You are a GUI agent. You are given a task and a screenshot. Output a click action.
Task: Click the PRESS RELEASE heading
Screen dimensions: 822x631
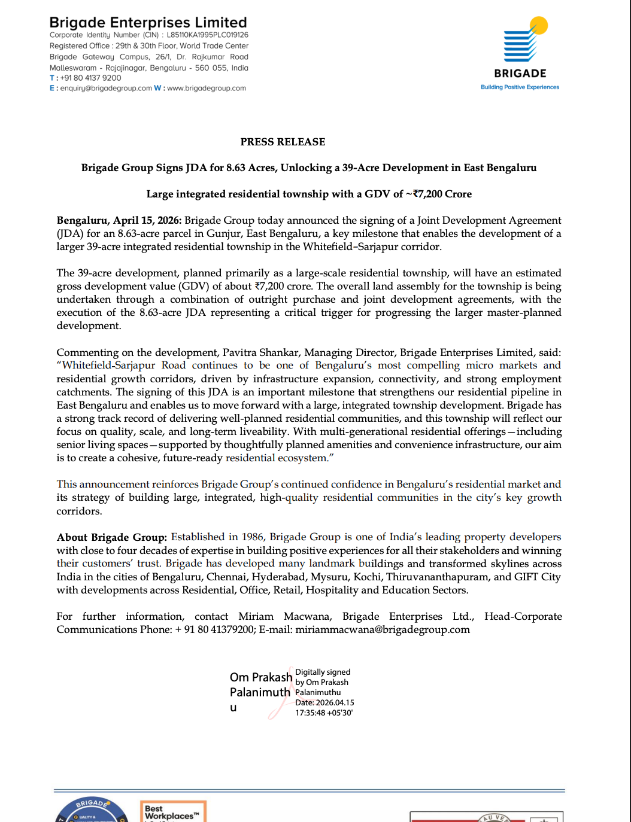283,142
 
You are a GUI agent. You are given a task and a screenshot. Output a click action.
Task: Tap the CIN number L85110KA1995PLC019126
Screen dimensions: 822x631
207,35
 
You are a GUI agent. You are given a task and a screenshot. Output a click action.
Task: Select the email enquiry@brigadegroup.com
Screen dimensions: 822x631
106,88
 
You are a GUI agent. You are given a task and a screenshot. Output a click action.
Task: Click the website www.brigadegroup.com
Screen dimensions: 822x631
207,88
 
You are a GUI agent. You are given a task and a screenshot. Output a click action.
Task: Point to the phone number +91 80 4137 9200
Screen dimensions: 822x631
91,78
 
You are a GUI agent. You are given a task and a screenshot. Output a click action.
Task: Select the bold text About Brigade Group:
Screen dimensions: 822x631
112,537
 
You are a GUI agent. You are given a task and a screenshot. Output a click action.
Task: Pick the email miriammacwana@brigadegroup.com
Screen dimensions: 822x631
383,629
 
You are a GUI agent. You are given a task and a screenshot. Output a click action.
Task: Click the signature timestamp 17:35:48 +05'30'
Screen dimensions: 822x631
324,713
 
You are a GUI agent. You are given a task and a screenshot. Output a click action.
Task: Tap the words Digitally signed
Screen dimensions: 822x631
323,672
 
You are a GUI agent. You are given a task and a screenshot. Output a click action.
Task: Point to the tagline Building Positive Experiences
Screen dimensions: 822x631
520,87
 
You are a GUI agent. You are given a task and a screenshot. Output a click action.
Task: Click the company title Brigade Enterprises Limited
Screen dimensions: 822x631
148,23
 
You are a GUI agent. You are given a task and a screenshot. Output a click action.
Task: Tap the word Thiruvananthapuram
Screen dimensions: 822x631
438,577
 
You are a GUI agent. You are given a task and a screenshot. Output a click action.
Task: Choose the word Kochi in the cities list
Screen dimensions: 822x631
368,577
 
